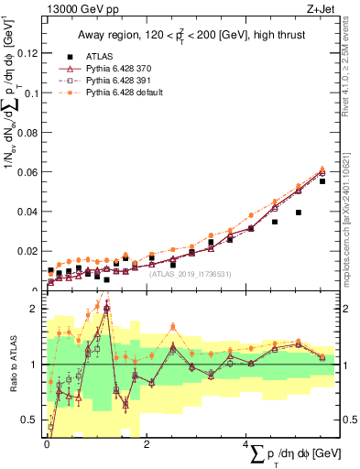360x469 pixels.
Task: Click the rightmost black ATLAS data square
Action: point(322,181)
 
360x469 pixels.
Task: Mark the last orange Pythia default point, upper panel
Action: point(322,169)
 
